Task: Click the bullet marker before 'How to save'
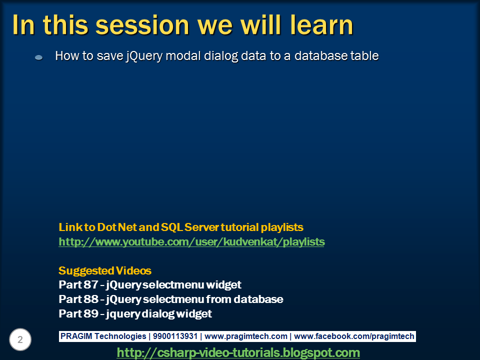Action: (x=38, y=57)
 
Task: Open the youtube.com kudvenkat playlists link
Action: (x=191, y=242)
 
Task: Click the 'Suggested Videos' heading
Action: (x=105, y=271)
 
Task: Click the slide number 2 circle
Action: (x=20, y=340)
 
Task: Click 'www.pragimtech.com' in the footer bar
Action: (x=246, y=336)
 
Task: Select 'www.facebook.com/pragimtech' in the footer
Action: (x=355, y=336)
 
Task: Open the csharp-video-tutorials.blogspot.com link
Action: (x=238, y=352)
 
